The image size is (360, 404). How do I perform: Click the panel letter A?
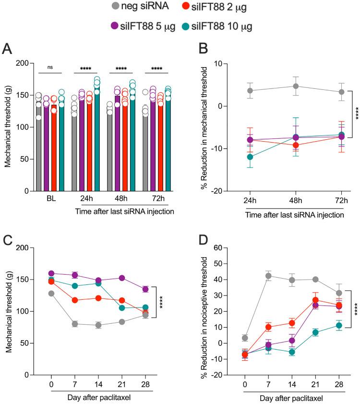pyautogui.click(x=7, y=49)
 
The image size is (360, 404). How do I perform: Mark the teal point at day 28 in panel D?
pyautogui.click(x=339, y=325)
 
